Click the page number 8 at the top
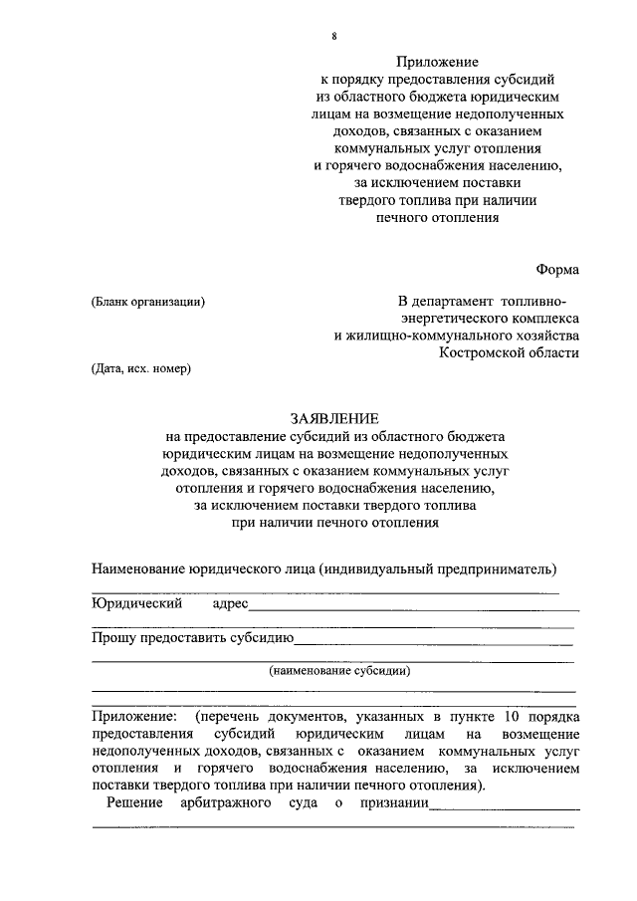click(x=334, y=37)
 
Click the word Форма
click(x=556, y=269)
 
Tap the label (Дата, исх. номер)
click(x=140, y=368)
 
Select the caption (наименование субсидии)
click(x=338, y=671)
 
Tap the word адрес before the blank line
click(x=230, y=604)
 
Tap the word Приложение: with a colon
click(x=135, y=717)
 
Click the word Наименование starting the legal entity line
click(x=145, y=569)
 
